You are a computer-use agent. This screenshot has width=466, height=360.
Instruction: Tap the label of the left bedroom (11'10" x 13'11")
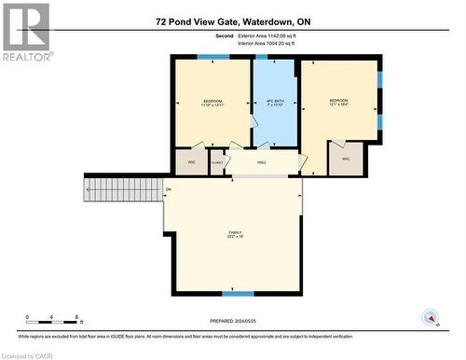pos(214,104)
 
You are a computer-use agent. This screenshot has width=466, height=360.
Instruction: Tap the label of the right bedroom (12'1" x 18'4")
pos(338,103)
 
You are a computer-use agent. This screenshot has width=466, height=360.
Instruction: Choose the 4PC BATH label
pos(274,104)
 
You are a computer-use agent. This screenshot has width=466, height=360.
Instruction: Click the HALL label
pos(262,162)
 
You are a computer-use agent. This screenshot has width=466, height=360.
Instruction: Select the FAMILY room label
pos(235,234)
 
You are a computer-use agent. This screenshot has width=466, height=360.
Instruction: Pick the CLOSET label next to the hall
pos(217,162)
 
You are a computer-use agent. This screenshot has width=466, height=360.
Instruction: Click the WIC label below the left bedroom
pos(191,162)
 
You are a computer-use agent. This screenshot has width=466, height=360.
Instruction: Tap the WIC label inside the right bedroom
pos(345,159)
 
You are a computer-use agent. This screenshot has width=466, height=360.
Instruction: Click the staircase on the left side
pos(123,190)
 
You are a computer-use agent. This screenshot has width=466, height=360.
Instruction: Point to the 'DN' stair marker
pos(169,190)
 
